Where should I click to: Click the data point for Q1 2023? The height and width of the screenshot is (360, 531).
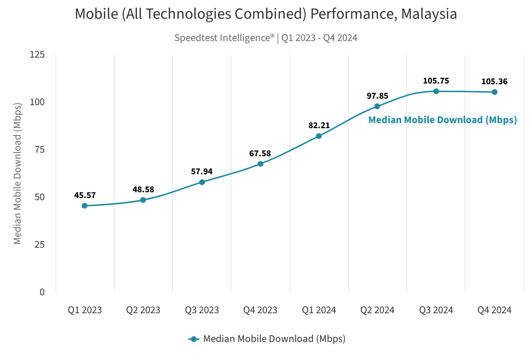[85, 206]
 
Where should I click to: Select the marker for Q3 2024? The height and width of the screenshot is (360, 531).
[436, 91]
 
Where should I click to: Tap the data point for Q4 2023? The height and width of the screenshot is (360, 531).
[260, 164]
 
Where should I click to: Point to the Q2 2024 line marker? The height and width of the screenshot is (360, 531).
[377, 106]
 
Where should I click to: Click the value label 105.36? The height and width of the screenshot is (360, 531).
[494, 82]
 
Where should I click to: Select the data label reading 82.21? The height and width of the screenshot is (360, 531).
[319, 126]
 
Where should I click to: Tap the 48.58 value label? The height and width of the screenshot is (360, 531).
[143, 190]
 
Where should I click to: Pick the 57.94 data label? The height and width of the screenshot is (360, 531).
[202, 172]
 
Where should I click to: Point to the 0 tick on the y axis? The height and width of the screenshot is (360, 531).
[42, 292]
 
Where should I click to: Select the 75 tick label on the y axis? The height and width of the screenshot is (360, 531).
[39, 149]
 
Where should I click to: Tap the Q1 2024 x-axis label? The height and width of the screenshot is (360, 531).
[319, 310]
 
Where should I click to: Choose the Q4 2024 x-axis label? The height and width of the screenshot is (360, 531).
[494, 310]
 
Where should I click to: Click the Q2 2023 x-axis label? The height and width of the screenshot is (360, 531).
[143, 310]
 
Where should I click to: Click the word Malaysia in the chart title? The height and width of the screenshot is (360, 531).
[429, 14]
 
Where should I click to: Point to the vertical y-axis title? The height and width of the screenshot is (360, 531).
[17, 173]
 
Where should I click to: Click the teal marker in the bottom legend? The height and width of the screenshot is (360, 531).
[194, 339]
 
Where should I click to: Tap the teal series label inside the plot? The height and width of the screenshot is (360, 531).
[442, 120]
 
